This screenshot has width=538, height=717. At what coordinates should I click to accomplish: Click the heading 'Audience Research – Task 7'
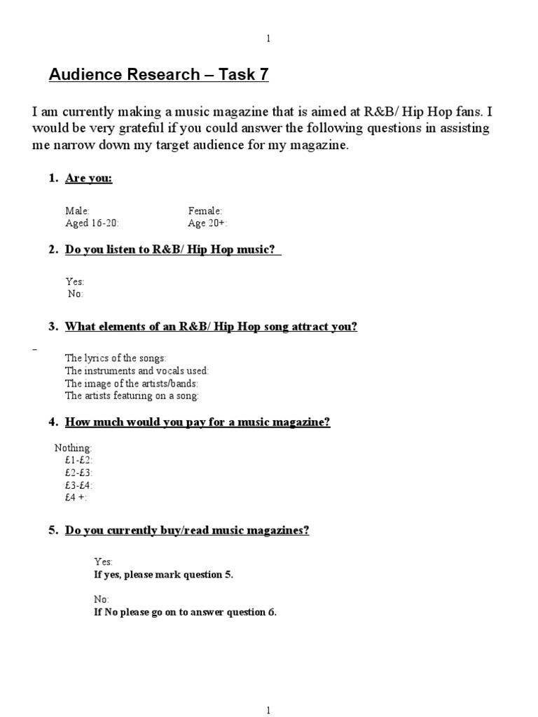158,75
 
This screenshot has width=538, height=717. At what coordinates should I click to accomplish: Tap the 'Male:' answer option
77,211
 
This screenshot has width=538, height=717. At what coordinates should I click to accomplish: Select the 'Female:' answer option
205,211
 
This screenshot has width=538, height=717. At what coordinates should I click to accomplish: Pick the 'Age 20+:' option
207,223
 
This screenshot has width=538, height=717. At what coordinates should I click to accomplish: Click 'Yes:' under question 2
74,281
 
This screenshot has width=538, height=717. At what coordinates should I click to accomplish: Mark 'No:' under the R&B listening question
76,294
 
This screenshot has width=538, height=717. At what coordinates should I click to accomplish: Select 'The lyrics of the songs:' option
116,358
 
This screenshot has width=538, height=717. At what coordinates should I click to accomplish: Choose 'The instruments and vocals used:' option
137,370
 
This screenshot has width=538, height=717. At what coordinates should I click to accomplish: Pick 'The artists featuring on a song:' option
132,396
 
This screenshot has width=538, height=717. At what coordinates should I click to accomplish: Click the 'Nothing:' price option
73,447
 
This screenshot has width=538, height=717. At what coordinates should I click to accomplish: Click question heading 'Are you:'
88,179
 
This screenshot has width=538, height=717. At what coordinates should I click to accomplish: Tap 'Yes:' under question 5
103,562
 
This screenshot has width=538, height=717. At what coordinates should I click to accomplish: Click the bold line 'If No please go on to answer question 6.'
185,612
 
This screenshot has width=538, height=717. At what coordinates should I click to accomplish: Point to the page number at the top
269,39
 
